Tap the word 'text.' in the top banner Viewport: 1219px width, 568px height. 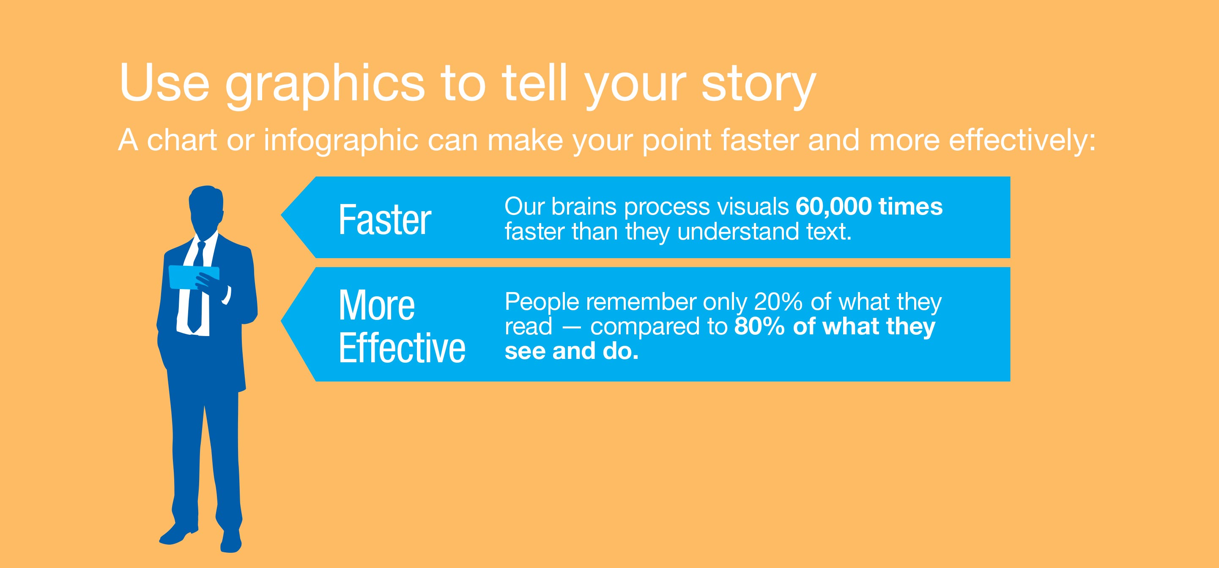pos(829,232)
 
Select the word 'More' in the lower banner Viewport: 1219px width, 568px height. pos(377,306)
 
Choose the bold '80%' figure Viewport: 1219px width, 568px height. pos(759,326)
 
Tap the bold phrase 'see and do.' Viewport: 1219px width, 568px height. pos(572,351)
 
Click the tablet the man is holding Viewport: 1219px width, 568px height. pos(194,277)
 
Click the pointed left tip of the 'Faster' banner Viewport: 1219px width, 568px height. pos(281,215)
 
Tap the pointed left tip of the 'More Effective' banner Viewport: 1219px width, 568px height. pos(281,322)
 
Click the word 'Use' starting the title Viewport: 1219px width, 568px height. pos(164,83)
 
